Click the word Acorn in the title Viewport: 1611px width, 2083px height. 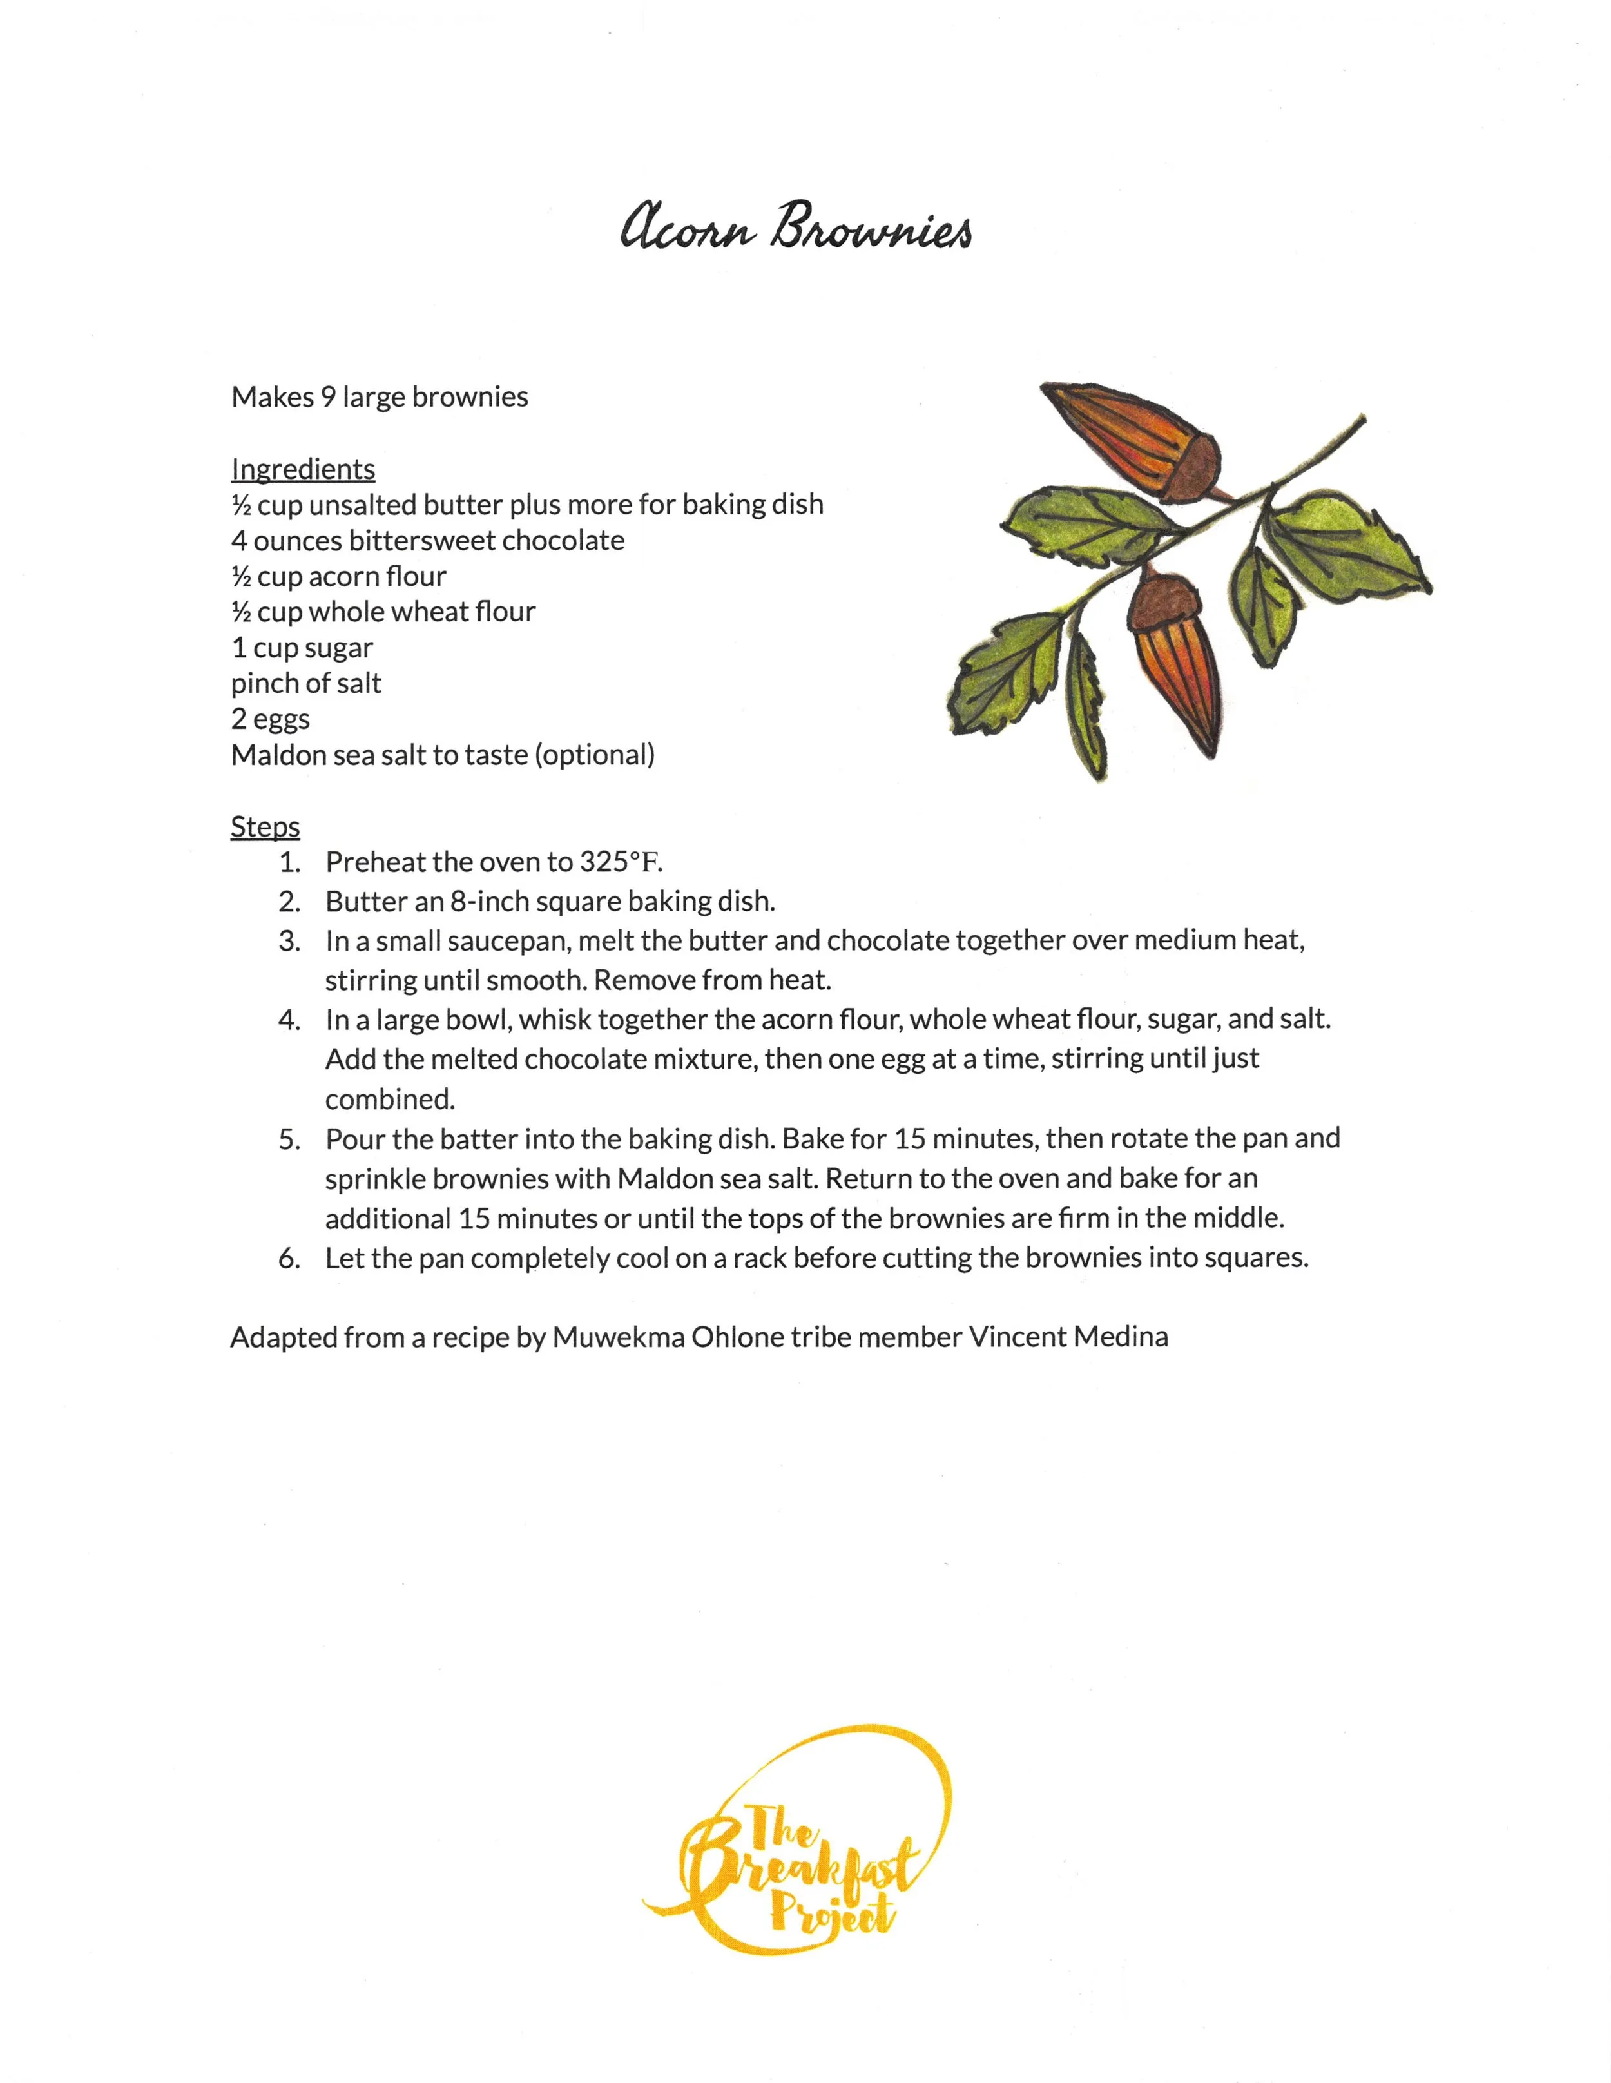[x=687, y=229]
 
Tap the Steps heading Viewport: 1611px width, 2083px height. [x=265, y=826]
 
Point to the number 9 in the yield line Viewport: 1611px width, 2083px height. [x=327, y=397]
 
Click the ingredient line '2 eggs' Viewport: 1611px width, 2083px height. [x=270, y=719]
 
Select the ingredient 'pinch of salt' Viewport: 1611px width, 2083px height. [x=305, y=683]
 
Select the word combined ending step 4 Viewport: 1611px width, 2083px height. [x=389, y=1099]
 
